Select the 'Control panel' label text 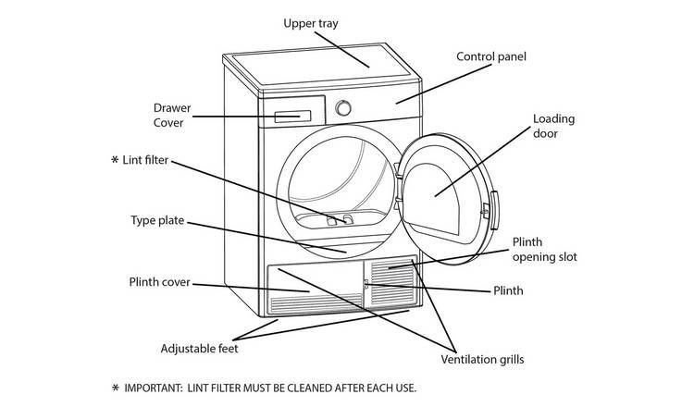[491, 56]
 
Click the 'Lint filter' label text [146, 160]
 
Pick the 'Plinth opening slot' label [544, 250]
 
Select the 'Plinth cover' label [159, 282]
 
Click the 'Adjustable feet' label [199, 349]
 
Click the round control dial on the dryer [343, 107]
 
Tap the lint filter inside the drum [339, 220]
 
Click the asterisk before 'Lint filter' [115, 160]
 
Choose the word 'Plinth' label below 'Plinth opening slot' [506, 290]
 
